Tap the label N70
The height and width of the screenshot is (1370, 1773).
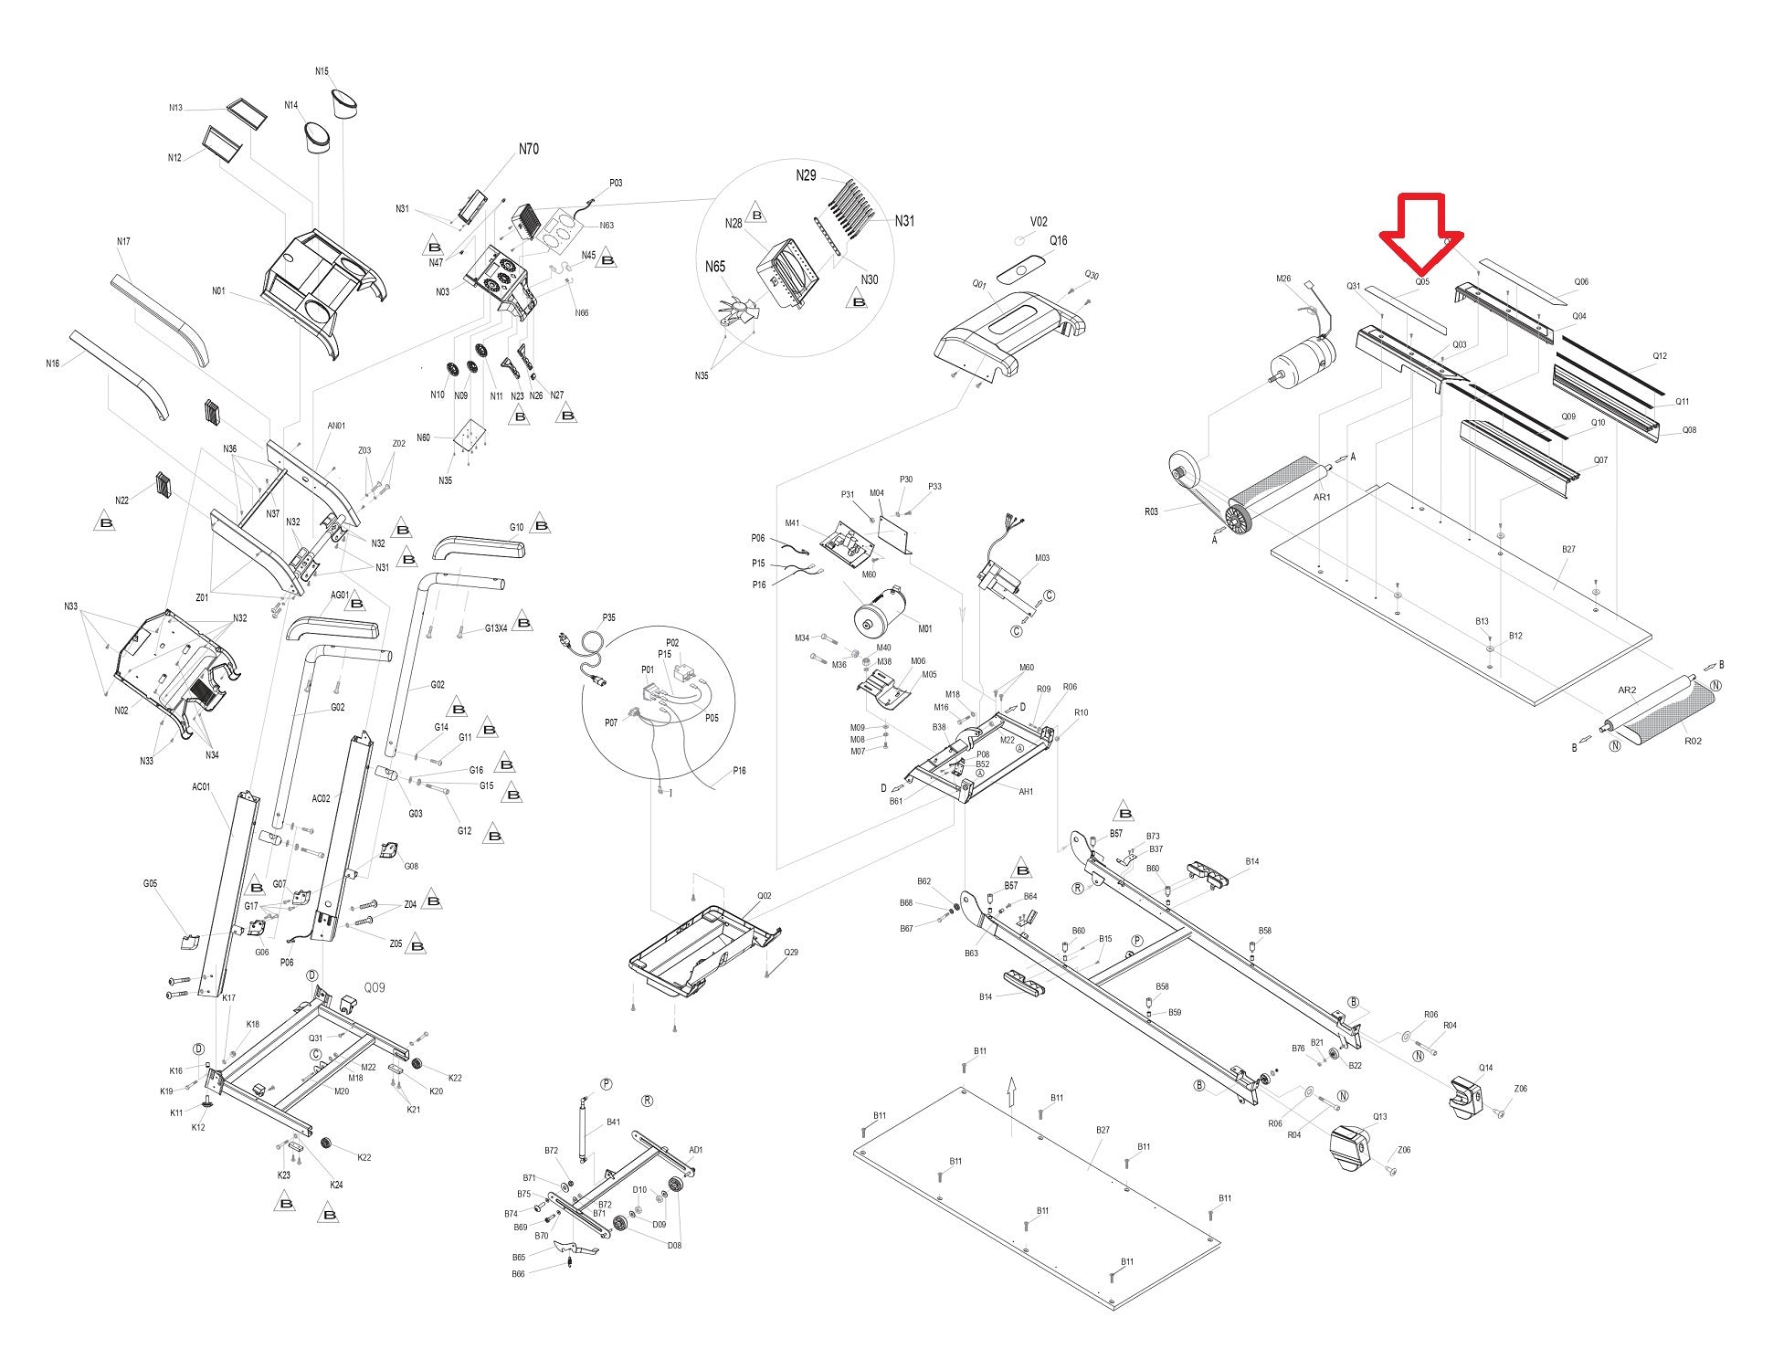[528, 149]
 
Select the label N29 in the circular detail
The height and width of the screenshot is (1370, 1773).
[806, 175]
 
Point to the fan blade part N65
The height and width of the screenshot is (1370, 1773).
[736, 311]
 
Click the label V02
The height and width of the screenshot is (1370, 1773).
[1039, 222]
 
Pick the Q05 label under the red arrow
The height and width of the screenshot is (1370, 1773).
[1422, 282]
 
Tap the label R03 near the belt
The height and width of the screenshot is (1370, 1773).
[1151, 511]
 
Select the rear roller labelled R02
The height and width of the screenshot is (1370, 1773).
[1659, 712]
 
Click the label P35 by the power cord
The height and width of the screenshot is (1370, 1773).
[608, 617]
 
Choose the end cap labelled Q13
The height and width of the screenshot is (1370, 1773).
[1351, 1147]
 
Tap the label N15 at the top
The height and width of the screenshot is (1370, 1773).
[322, 71]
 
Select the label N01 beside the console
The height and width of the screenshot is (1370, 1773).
[218, 291]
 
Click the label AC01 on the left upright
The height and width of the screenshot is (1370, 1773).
[201, 787]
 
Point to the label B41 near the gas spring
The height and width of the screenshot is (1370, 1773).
[613, 1122]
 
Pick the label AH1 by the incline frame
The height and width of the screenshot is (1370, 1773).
[1026, 792]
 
